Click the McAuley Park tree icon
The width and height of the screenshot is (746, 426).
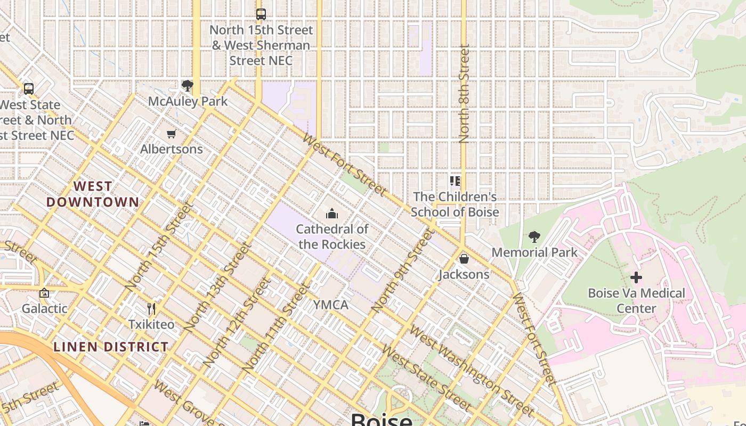pos(187,85)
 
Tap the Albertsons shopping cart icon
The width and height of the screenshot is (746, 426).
pos(171,134)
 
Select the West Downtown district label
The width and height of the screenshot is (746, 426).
pos(93,194)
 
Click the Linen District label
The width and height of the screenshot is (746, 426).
pos(111,347)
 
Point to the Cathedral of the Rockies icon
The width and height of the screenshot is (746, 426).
pos(332,214)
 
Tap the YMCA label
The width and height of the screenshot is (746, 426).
pos(330,305)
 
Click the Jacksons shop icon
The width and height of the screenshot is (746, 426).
pos(464,259)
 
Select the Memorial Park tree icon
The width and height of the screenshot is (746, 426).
pos(534,236)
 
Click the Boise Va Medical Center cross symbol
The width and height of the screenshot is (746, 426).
pos(636,277)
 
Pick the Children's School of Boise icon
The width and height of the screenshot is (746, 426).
pos(455,182)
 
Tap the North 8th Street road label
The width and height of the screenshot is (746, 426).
pos(464,94)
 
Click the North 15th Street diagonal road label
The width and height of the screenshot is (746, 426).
pos(159,247)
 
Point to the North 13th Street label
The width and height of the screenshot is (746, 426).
pos(217,288)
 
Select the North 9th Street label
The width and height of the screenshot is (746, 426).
pos(402,271)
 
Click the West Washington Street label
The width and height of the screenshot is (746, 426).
pos(471,372)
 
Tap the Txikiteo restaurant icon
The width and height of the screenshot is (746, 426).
pos(151,308)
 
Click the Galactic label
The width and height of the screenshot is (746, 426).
pos(44,308)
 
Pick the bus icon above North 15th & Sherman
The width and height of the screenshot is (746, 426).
pos(261,14)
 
